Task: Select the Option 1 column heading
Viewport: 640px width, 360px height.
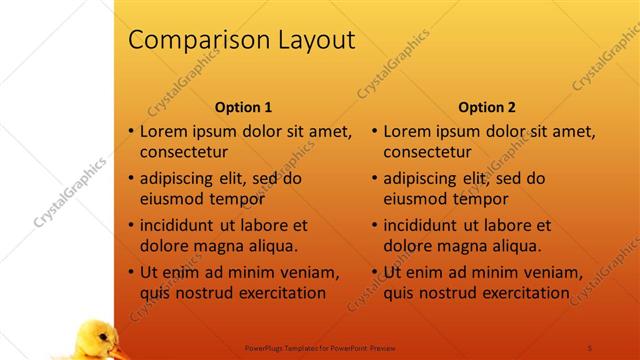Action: pos(243,107)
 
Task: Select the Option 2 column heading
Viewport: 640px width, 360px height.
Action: pos(487,107)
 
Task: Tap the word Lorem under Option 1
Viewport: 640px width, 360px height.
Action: pos(163,131)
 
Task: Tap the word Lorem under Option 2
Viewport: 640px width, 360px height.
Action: pos(407,131)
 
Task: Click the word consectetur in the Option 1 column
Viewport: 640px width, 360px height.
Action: pos(183,153)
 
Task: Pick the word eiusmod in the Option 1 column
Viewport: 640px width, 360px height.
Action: pos(173,199)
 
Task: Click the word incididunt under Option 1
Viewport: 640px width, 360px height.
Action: pos(180,225)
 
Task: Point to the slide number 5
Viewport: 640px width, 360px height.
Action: pos(590,347)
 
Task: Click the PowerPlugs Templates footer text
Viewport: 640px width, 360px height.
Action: pos(320,347)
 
